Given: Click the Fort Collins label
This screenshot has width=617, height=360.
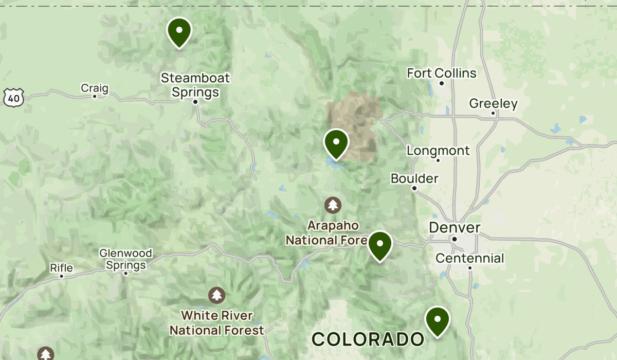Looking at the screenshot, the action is (x=442, y=74).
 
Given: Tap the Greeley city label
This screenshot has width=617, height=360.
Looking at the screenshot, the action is (x=493, y=104).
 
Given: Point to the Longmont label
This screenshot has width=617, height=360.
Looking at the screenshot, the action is (x=438, y=151).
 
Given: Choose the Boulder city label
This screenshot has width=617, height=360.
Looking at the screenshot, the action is (x=414, y=178).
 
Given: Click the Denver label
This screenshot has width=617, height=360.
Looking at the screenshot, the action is (x=455, y=227).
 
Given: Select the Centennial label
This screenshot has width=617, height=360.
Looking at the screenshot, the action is (x=470, y=258).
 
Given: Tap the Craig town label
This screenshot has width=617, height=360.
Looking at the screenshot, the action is (x=95, y=88).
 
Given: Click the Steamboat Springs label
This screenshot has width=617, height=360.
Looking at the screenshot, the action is (x=195, y=85).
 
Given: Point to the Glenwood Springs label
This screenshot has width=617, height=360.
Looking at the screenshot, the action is (x=126, y=259).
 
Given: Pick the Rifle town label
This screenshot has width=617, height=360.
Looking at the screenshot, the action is (x=61, y=268).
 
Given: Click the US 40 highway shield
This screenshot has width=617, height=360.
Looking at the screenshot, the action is (x=12, y=97).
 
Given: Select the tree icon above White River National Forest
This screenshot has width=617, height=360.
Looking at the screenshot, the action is (x=217, y=295).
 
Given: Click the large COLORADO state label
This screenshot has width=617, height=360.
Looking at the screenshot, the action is (x=368, y=339).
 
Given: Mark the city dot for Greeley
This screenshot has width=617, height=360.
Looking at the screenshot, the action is (x=493, y=113).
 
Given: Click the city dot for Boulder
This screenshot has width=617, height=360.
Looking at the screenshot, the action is (x=414, y=188).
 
